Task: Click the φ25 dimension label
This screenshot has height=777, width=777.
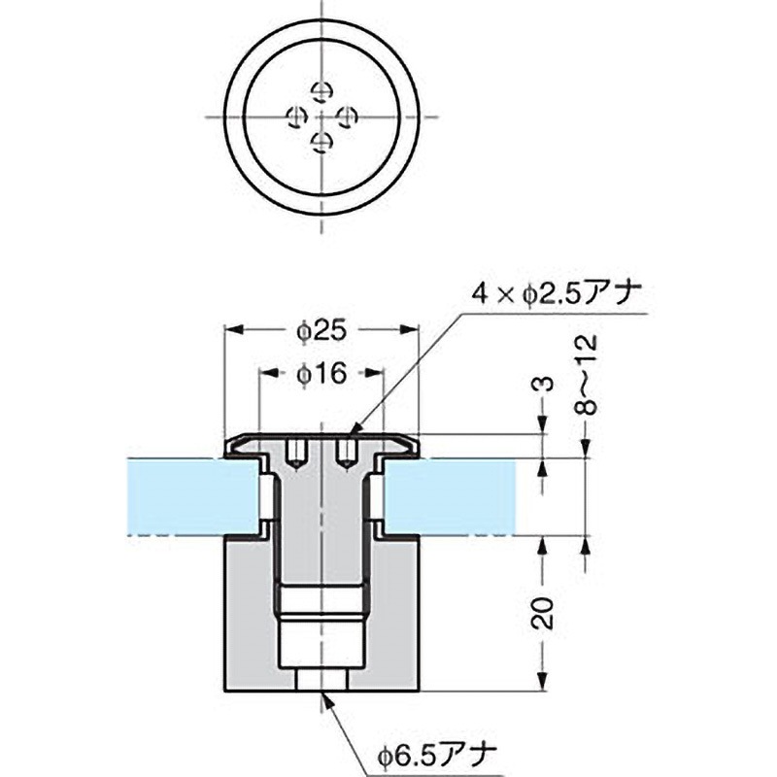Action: click(321, 331)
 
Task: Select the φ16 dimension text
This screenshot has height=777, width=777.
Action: click(321, 374)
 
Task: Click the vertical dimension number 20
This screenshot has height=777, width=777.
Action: click(546, 614)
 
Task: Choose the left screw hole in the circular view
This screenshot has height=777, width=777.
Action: click(295, 118)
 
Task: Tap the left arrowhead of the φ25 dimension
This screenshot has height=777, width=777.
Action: click(231, 331)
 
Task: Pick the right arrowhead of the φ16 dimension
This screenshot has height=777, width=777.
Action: click(380, 374)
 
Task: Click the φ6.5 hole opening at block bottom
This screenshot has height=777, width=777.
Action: click(321, 687)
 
